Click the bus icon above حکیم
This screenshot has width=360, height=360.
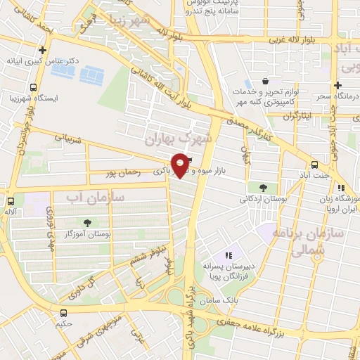pyautogui.click(x=64, y=312)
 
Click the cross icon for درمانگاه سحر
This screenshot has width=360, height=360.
pyautogui.click(x=338, y=84)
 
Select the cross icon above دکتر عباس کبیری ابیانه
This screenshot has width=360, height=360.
pyautogui.click(x=43, y=51)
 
